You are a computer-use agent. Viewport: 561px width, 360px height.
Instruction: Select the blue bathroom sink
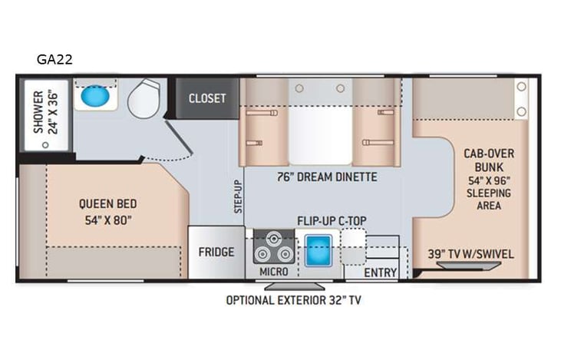pos(94,97)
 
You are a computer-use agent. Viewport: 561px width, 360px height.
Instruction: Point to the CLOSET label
pos(207,98)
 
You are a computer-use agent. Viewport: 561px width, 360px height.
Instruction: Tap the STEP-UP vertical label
pos(238,197)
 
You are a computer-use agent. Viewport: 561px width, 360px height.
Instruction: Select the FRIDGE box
pos(216,252)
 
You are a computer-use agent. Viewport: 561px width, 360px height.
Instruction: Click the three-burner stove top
pos(273,248)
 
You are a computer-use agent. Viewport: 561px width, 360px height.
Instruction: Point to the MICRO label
pos(273,272)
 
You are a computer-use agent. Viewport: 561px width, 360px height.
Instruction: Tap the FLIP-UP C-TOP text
pos(332,221)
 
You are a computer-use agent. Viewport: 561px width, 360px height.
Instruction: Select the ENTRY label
pos(380,272)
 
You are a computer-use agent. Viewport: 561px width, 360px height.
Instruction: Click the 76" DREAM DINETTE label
pos(327,177)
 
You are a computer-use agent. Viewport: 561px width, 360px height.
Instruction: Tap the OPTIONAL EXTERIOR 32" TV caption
pos(292,300)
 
